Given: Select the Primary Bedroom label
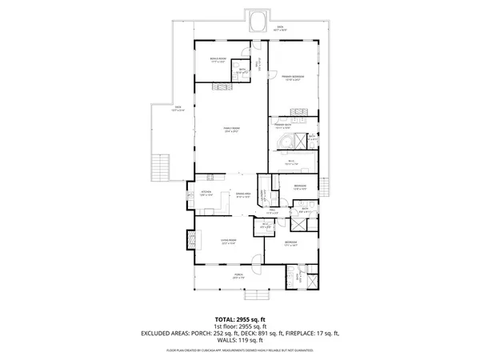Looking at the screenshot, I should (292, 77).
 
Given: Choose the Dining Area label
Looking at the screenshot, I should (243, 194).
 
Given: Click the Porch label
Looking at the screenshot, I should (238, 278).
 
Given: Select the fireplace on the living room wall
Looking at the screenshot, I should (191, 240).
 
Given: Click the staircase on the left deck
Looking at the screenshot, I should (162, 166).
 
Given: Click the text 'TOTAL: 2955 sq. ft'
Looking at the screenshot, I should (239, 318).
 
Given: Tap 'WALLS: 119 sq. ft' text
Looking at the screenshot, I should (239, 339).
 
